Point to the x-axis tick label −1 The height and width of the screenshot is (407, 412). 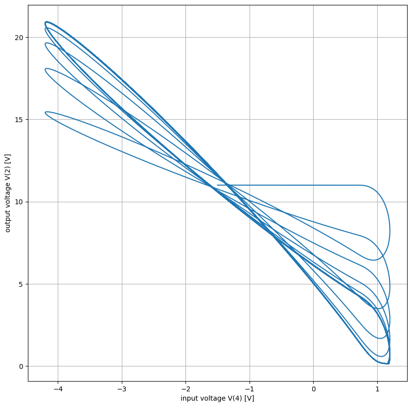point(250,388)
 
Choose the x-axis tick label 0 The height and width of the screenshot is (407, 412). point(313,388)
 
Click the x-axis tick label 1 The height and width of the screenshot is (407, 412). point(377,388)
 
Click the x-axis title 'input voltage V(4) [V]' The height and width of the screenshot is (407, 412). point(217,398)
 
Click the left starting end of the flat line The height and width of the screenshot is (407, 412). point(217,185)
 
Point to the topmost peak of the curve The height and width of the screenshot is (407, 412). point(47,22)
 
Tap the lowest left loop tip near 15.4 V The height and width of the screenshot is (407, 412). point(46,113)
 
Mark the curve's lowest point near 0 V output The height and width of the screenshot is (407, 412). point(387,364)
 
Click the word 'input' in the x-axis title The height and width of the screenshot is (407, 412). point(189,398)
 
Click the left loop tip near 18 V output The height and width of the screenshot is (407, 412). point(46,69)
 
